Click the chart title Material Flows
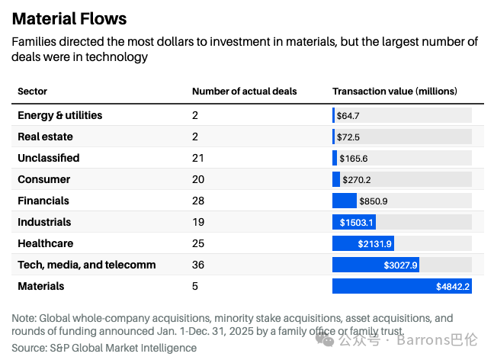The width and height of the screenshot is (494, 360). tap(69, 18)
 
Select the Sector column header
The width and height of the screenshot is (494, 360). tap(33, 91)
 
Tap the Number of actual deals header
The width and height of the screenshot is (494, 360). tap(245, 91)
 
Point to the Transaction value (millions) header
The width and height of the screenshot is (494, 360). tap(395, 91)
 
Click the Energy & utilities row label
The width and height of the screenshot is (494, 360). tap(60, 115)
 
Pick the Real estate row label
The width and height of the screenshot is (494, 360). tap(46, 137)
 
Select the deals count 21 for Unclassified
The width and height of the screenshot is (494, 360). tap(198, 158)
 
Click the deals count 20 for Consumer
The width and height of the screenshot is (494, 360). tap(198, 179)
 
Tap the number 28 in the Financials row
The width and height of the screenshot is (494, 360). tap(198, 201)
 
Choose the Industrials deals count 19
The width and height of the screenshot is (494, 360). tap(198, 222)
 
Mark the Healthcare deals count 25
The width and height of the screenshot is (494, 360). tap(198, 243)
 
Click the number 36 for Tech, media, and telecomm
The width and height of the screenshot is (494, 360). tap(198, 265)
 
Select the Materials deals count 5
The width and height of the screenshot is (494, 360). tap(195, 286)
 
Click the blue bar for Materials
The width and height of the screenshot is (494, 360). tap(402, 286)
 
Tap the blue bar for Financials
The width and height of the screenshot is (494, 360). tap(345, 201)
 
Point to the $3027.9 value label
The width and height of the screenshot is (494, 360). tap(400, 265)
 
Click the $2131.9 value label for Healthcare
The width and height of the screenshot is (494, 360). tap(374, 243)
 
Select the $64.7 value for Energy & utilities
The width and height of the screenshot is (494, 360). tap(348, 116)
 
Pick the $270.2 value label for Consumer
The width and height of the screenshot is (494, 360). tap(357, 180)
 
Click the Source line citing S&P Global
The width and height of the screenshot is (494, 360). tap(104, 348)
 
